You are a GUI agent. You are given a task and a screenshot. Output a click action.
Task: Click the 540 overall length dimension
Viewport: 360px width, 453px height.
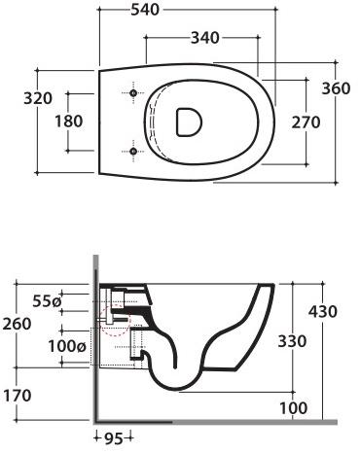click(179, 13)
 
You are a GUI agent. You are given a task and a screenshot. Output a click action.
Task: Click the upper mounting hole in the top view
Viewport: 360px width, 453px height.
click(132, 93)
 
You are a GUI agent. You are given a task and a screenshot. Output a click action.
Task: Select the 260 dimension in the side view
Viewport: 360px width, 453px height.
click(17, 323)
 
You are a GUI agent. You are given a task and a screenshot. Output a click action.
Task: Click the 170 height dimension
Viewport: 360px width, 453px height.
click(17, 396)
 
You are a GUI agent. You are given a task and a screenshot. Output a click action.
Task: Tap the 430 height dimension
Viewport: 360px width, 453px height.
click(323, 311)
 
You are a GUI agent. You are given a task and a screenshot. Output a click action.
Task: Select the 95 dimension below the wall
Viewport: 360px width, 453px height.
click(113, 439)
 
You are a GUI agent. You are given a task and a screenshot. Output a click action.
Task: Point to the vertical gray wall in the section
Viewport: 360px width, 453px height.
click(93, 340)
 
